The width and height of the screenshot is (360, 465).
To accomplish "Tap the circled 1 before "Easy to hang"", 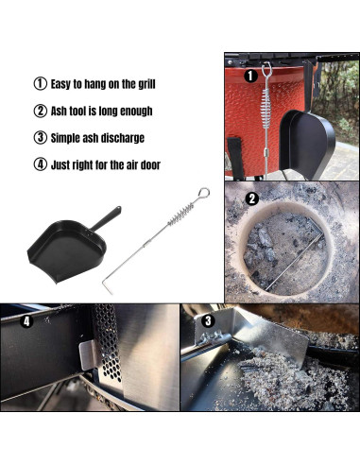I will pyautogui.click(x=40, y=84).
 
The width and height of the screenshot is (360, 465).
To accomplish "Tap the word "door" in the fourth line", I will pyautogui.click(x=146, y=164).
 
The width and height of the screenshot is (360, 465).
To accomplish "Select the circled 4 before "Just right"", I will pyautogui.click(x=40, y=164).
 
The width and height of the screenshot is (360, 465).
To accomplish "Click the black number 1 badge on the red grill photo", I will pyautogui.click(x=250, y=75).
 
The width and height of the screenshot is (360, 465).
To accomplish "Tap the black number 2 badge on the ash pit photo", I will pyautogui.click(x=251, y=198).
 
